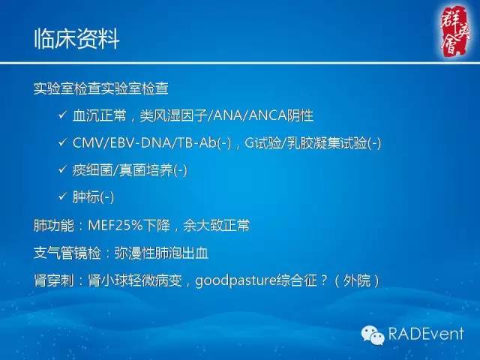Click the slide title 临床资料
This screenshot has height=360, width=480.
[77, 39]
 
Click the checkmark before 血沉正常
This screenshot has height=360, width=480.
[61, 116]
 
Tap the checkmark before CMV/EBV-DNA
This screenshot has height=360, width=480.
[61, 143]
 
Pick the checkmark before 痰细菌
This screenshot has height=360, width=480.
[61, 170]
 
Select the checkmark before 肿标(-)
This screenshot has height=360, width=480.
[61, 197]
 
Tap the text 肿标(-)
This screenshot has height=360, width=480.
[92, 197]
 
